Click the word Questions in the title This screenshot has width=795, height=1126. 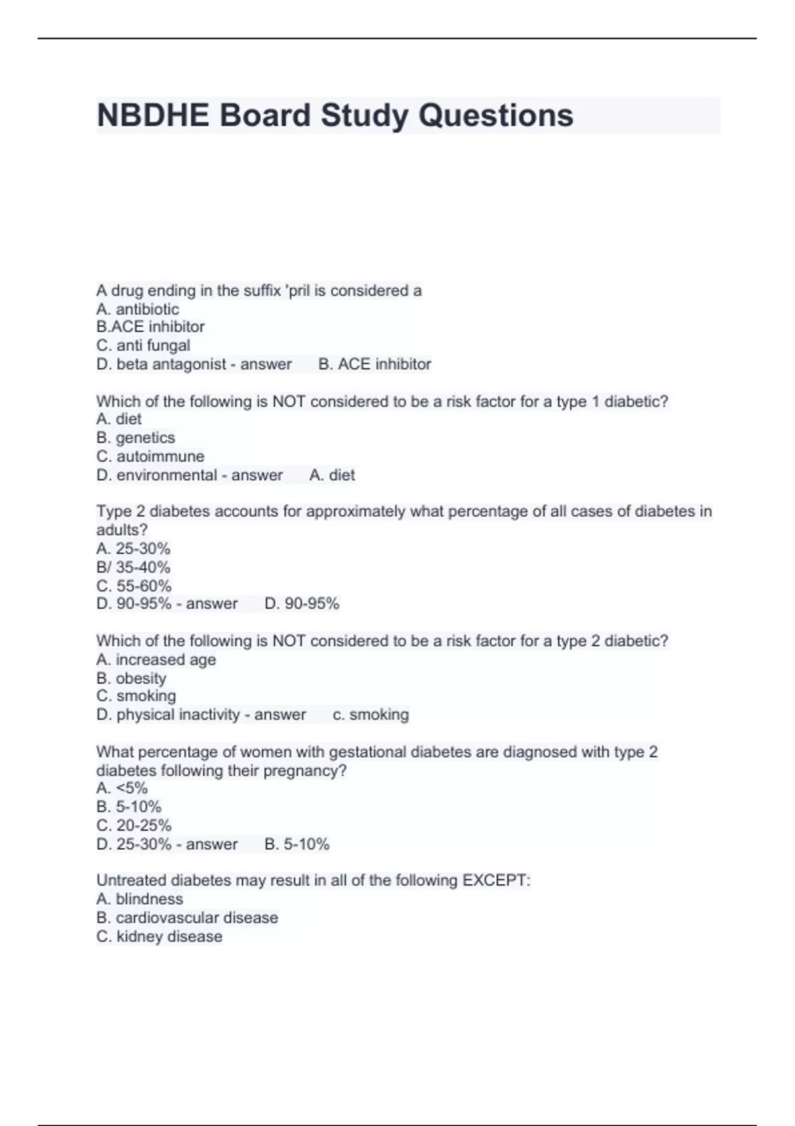tap(496, 115)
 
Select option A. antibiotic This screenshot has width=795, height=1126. tap(137, 309)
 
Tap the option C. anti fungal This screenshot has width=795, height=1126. tap(143, 346)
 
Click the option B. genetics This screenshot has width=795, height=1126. tap(136, 438)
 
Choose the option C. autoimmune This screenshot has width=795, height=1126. tap(150, 456)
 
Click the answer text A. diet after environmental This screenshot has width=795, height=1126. tap(332, 475)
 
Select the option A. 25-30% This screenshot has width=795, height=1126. tap(133, 548)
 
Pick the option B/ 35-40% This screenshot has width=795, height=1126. tap(133, 567)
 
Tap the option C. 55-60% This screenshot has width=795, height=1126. tap(134, 586)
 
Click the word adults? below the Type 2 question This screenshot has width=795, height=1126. tap(122, 530)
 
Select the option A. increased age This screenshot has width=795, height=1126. tap(156, 660)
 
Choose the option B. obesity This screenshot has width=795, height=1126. tap(131, 678)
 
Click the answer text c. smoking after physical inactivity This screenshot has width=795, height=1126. tap(370, 715)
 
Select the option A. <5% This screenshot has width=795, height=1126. tap(122, 788)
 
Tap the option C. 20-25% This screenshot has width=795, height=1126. tap(134, 825)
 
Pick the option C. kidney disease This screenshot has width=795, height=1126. tap(159, 937)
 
